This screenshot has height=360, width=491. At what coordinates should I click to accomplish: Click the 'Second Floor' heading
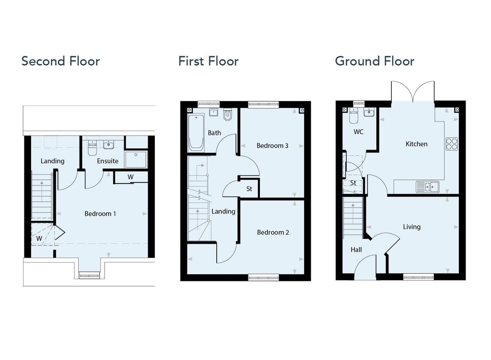pos(60,61)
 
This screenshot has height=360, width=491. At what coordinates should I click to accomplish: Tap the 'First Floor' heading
pos(209,61)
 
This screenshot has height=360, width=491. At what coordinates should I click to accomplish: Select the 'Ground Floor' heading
pos(375,61)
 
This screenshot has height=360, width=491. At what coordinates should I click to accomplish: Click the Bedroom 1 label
pos(100,214)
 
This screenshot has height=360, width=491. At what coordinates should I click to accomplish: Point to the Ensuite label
pos(107,161)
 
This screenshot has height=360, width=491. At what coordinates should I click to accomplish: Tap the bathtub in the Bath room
pos(196,133)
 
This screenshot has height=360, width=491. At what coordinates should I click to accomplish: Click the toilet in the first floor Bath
pos(228,115)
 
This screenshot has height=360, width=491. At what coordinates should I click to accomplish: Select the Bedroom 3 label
pos(272,146)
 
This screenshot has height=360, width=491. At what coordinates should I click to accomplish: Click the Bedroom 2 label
pos(273,232)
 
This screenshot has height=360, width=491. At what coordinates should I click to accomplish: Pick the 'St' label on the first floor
pos(249,189)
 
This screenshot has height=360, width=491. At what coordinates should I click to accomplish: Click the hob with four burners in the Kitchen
pos(452,144)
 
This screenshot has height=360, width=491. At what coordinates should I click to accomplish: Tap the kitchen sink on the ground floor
pos(427,187)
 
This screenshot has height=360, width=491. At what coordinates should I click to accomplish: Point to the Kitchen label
pos(417,144)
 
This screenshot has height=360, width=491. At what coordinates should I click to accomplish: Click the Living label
pos(412,227)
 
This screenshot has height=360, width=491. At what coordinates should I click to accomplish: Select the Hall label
pos(356,249)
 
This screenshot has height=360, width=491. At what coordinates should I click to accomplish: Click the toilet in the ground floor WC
pos(354,116)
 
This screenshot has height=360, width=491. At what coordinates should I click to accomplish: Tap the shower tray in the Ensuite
pos(136,160)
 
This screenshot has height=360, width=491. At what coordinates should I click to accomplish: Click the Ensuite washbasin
pos(109,145)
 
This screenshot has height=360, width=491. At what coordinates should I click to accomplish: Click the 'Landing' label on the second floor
pos(53,161)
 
